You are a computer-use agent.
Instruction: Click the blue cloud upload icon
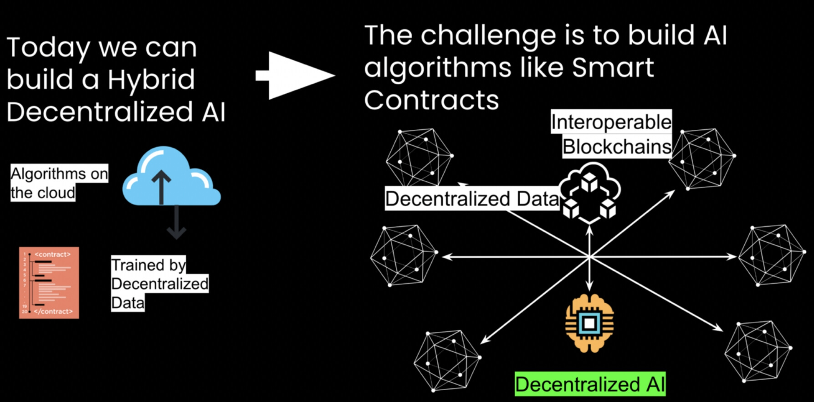pos(171,178)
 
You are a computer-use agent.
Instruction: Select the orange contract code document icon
pos(49,283)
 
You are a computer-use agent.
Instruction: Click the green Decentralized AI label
pos(590,384)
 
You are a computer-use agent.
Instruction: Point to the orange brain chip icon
pos(589,323)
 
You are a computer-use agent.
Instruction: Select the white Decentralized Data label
pos(471,199)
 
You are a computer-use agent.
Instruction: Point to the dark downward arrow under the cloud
pos(176,223)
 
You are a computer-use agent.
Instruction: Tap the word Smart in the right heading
pos(613,68)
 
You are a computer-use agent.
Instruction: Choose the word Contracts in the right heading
pos(431,100)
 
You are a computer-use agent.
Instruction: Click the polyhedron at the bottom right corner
pos(758,351)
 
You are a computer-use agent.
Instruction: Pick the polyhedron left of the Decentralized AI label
pos(446,361)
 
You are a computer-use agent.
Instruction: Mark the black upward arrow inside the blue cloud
pos(161,187)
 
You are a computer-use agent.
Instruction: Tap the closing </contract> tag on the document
pos(53,311)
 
